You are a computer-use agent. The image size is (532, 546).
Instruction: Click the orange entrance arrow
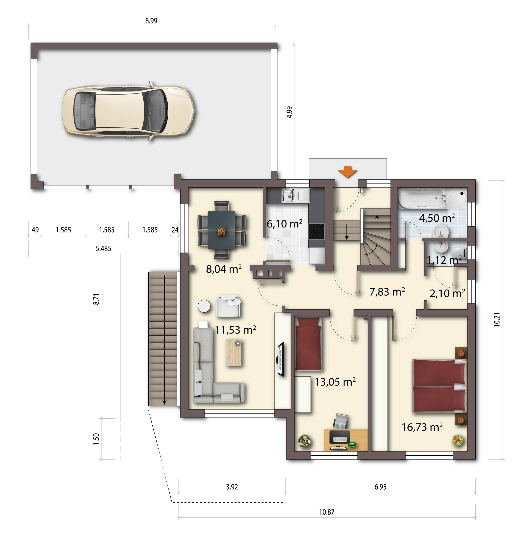coord(347,172)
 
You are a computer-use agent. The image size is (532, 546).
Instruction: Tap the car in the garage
coord(128,111)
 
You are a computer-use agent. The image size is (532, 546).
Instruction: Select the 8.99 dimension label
coord(151,21)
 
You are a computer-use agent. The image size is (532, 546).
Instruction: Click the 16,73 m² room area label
coord(422,427)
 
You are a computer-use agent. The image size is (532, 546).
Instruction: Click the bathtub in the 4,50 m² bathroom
coord(422,199)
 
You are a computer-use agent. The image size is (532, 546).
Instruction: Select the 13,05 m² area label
coord(335,382)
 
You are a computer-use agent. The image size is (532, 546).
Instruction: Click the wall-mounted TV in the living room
coord(280,359)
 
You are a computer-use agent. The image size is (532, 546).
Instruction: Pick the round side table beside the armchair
coord(204,306)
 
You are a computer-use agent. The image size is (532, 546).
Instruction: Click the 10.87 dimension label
coord(327,512)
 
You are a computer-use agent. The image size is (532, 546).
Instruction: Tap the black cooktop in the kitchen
coord(317,231)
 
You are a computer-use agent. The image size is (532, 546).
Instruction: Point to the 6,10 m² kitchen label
coord(284,224)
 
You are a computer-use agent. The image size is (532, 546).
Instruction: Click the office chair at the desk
coord(341,421)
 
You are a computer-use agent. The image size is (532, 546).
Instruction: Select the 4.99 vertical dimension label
coord(289,112)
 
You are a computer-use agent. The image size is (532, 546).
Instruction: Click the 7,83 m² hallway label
coord(387,292)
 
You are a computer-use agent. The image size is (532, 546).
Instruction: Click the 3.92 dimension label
coord(232,487)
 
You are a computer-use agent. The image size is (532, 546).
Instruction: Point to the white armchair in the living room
coord(228,306)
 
